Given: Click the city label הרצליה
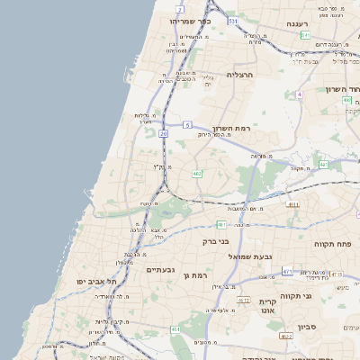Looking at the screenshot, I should pyautogui.click(x=242, y=76).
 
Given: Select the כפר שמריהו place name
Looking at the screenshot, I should pyautogui.click(x=190, y=19).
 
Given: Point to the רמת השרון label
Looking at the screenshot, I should pyautogui.click(x=229, y=130).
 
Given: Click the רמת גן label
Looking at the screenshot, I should pyautogui.click(x=195, y=274).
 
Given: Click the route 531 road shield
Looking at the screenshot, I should pyautogui.click(x=233, y=20).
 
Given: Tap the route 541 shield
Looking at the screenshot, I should pyautogui.click(x=306, y=35).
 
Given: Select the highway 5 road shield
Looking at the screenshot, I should pyautogui.click(x=187, y=125).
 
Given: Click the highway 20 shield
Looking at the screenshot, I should pyautogui.click(x=163, y=133).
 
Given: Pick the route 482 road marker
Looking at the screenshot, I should pyautogui.click(x=197, y=173).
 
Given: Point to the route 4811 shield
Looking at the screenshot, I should pyautogui.click(x=292, y=205).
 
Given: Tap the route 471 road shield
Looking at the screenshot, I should pyautogui.click(x=287, y=270).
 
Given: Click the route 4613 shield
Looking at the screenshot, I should pyautogui.click(x=243, y=300).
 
